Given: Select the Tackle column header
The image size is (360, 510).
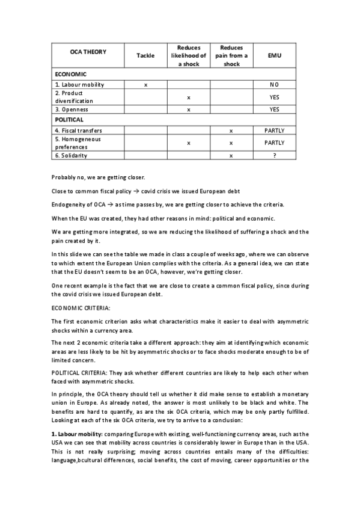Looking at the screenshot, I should point(145,55).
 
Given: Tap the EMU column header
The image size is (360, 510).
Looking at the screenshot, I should point(274,55).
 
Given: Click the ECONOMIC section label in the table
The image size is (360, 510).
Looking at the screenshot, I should point(71,75).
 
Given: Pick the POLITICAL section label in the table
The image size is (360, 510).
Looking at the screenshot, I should point(69,120).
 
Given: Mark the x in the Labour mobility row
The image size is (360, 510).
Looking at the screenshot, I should point(145,85).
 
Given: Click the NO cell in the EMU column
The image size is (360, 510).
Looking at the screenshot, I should point(274,85).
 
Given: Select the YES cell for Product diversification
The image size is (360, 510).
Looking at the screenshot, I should point(274,97).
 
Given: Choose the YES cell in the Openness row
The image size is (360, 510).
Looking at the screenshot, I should point(274,109).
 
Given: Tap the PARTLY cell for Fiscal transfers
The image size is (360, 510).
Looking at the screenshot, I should point(274,130).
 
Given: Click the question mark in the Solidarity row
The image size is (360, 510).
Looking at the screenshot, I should point(274,155).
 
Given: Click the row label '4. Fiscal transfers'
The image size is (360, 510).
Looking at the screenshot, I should point(78,130).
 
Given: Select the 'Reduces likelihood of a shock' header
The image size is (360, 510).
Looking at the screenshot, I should point(188,55).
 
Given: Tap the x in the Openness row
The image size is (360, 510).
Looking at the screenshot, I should point(188,109).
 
